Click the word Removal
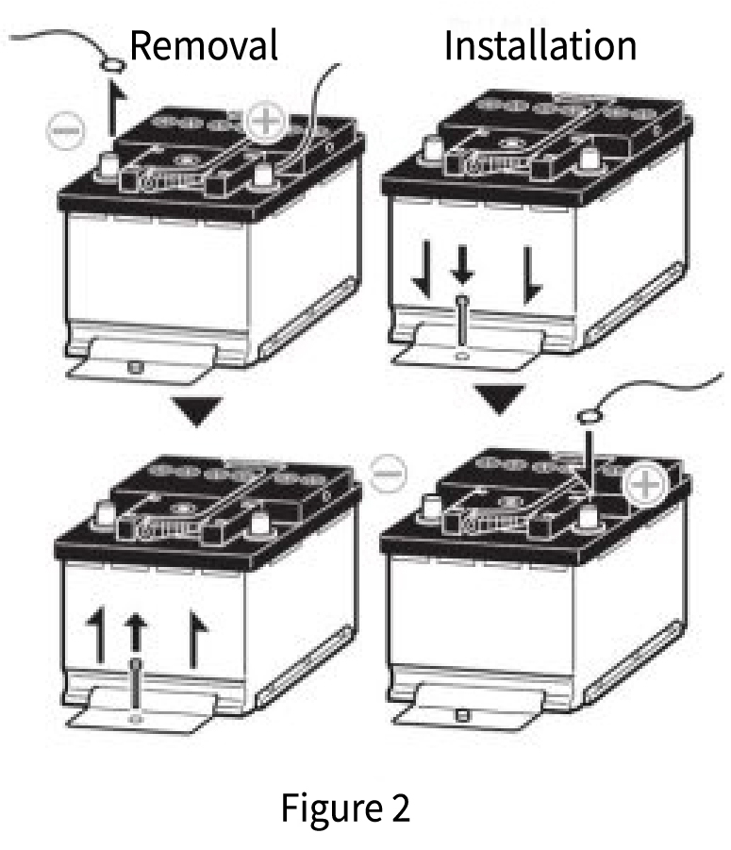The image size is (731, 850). (204, 45)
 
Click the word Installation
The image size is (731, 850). (540, 45)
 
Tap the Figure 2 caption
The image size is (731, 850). (345, 808)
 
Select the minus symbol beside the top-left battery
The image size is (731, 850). (66, 130)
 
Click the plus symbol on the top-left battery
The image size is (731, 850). (266, 121)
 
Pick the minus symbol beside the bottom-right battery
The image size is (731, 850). (388, 474)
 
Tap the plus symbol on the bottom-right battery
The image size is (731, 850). (645, 484)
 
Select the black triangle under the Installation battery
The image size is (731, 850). (500, 398)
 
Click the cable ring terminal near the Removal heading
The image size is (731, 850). (112, 66)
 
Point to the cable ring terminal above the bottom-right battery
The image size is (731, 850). (589, 416)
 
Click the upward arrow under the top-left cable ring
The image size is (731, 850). (115, 108)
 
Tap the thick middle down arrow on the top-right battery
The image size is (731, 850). (462, 264)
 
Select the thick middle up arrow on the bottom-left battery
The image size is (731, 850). (135, 633)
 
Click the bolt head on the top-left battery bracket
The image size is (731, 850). (135, 368)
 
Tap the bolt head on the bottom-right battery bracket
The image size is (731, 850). (461, 715)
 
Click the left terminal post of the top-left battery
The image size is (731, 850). (108, 165)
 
